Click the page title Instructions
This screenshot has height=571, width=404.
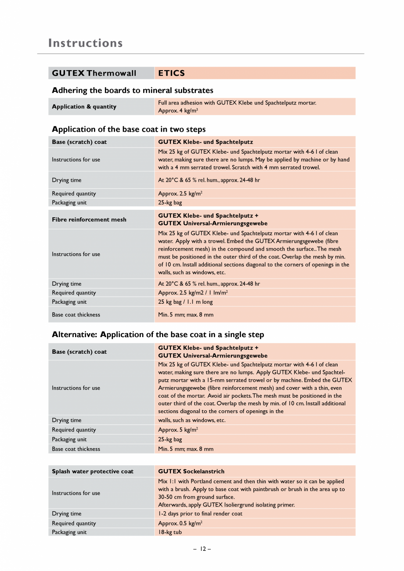pos(86,43)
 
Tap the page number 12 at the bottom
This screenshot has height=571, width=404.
pos(202,549)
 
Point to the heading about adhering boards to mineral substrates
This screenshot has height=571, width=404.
pos(133,90)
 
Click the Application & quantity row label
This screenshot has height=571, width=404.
pos(84,107)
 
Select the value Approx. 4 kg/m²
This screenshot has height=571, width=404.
pos(178,111)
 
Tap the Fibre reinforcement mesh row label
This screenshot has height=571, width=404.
pos(89,219)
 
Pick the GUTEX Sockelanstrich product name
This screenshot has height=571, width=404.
pos(191,471)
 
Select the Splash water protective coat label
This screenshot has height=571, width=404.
pos(93,471)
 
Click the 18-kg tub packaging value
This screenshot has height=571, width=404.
pos(170,532)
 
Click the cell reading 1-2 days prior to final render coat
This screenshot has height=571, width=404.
pos(200,514)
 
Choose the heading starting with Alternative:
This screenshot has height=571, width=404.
pos(158,334)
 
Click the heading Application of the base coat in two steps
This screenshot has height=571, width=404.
pos(129,129)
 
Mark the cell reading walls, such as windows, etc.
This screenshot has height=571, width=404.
pos(192,420)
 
